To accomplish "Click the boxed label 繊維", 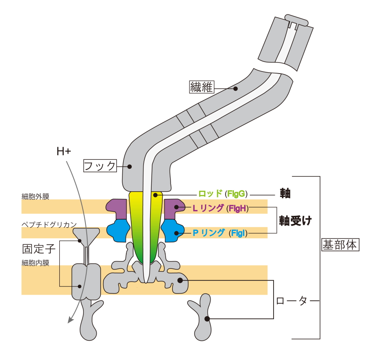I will [202, 87].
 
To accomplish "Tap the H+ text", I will [64, 152].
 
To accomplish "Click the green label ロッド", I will [210, 194].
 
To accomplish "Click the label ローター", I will [291, 301].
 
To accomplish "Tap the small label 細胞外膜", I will [35, 197].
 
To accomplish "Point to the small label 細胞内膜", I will [35, 263].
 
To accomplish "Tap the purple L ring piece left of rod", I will [117, 207].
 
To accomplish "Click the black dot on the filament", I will [236, 88].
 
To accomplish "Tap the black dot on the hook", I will [129, 166].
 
